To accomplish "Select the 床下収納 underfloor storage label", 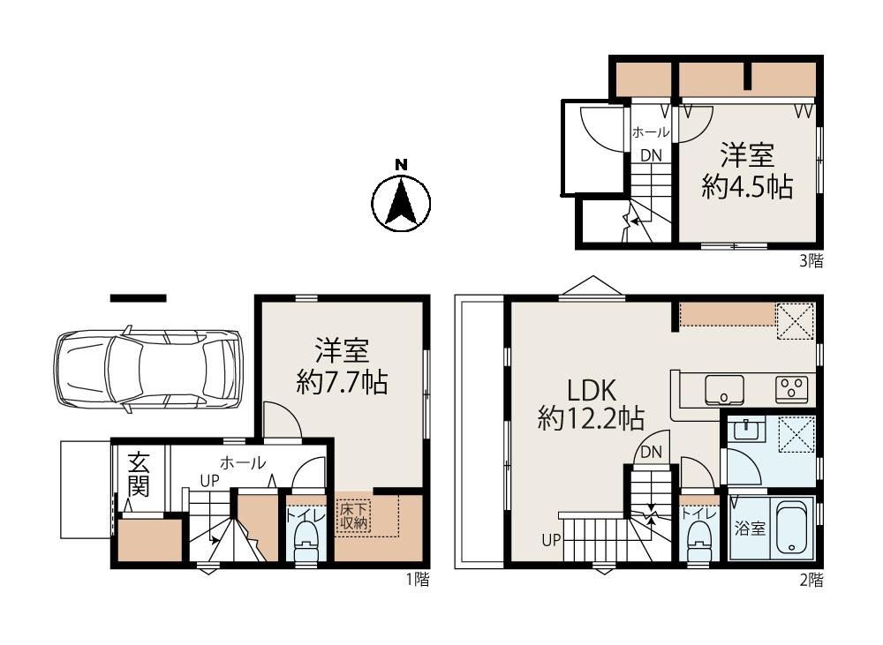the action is point(353,515).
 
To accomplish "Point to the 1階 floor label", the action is point(418,579).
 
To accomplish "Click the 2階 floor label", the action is point(811,579).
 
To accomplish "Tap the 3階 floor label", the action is point(811,260).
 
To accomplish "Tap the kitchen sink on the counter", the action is point(724,389).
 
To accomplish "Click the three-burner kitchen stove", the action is point(792,389).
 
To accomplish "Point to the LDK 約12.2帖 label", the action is point(592,404).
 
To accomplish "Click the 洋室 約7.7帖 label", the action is point(343,366).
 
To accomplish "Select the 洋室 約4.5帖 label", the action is point(748,171).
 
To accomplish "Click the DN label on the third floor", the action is point(652,155).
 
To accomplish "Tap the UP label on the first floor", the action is point(209,481).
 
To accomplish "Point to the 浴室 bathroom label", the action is point(750,529).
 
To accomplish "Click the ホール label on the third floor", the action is point(651,132).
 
